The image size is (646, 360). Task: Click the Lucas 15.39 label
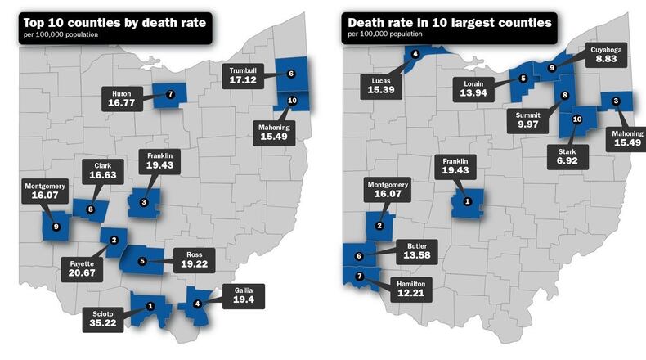[380, 86]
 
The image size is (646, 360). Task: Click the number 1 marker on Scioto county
[150, 306]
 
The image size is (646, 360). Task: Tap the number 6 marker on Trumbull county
[291, 73]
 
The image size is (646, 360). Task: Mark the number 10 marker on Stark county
[577, 119]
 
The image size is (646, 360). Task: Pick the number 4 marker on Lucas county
[415, 54]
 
